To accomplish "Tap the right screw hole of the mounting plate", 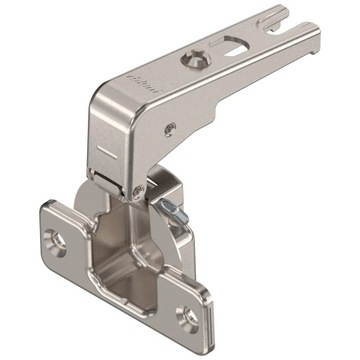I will (x=186, y=318).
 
